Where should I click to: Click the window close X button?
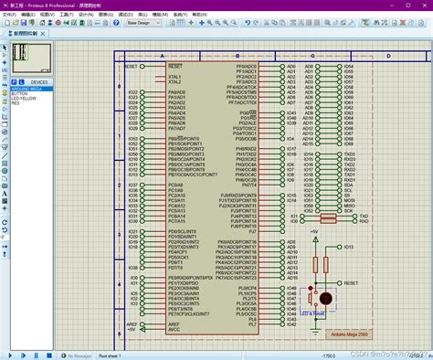pos(423,5)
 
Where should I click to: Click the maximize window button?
pos(402,5)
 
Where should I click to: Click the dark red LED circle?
pos(323,298)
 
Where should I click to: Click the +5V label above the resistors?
pos(314,232)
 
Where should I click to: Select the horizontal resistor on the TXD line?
pos(328,217)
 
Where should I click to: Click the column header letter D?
pos(387,56)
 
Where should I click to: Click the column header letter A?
pos(162,56)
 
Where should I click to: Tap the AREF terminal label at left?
pos(133,323)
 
